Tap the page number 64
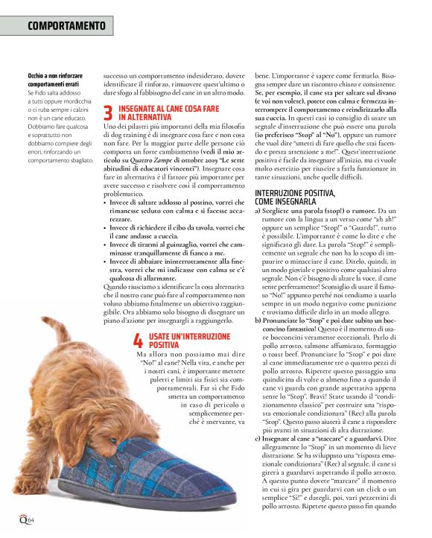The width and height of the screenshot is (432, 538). tap(32, 518)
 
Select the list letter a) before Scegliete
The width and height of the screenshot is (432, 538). tap(258, 211)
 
